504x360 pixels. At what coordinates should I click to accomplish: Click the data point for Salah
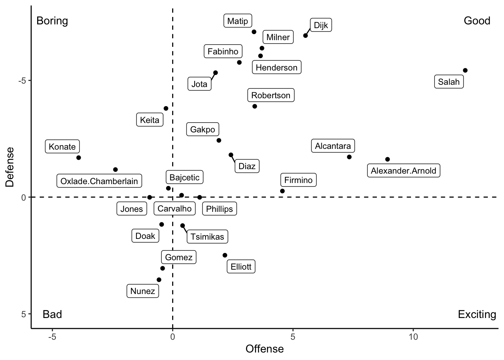tap(465, 70)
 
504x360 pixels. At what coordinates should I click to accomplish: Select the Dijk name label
tap(321, 25)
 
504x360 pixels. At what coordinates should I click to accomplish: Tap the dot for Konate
tap(79, 157)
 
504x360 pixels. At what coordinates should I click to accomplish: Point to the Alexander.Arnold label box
tap(403, 171)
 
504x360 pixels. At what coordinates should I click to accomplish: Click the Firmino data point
tap(282, 191)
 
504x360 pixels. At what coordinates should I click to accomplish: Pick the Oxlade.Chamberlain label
tap(99, 181)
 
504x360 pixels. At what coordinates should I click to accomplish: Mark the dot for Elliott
tap(225, 255)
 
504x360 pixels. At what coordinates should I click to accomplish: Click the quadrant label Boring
tap(52, 21)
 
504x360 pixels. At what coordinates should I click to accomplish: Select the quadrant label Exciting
tap(477, 314)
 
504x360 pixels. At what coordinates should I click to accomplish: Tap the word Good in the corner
tap(477, 21)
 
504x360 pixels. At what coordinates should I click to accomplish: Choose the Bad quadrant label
tap(52, 314)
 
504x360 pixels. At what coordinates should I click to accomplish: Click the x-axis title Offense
tap(264, 349)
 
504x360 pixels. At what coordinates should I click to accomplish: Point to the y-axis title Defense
tap(10, 167)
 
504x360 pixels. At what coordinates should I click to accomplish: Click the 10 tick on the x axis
tap(413, 337)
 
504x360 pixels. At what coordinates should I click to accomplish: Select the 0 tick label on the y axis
tap(24, 197)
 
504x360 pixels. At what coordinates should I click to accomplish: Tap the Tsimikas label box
tap(207, 237)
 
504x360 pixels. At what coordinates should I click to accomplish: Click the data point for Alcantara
tap(349, 157)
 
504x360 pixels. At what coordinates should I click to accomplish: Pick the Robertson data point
tap(255, 106)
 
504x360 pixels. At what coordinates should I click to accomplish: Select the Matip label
tap(237, 21)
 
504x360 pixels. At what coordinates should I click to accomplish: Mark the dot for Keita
tap(166, 108)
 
